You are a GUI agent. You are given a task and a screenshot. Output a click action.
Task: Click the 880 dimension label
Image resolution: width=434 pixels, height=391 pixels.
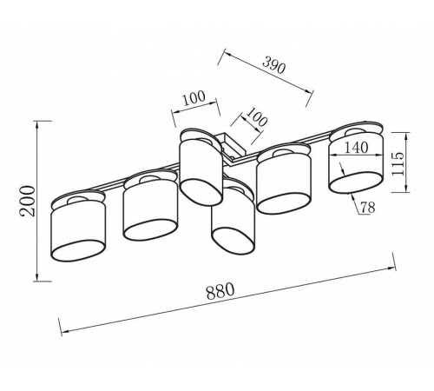click(220, 290)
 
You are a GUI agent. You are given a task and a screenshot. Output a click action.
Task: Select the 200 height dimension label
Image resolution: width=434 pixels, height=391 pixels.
click(28, 202)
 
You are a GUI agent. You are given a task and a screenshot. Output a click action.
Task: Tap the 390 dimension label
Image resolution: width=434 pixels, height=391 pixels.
click(274, 65)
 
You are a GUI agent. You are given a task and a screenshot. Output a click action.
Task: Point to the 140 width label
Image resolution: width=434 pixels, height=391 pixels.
click(356, 148)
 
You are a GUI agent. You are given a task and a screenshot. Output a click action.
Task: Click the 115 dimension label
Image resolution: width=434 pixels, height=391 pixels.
click(398, 163)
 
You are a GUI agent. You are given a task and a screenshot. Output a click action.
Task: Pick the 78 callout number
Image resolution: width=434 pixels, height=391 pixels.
click(367, 207)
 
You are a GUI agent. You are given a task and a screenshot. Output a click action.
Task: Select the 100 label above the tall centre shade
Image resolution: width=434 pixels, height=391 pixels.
click(194, 98)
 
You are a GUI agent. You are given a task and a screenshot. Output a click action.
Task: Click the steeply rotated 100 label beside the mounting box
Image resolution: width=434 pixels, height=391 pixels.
click(257, 117)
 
